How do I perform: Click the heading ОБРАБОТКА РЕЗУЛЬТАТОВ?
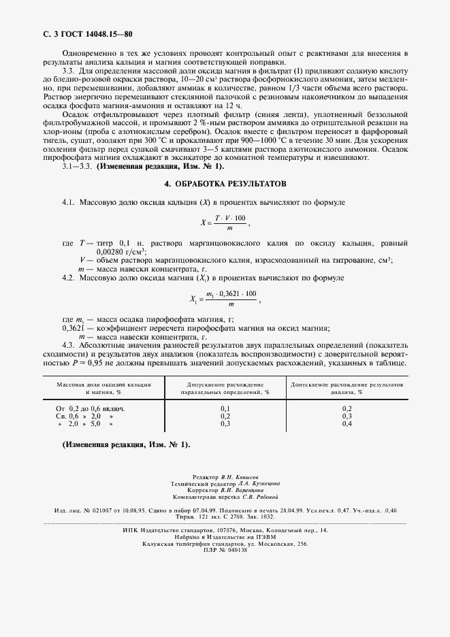click(x=225, y=184)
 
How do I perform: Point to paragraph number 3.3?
click(x=68, y=71)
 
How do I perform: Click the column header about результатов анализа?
click(x=347, y=388)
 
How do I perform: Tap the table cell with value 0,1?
click(x=225, y=408)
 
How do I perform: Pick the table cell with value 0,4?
click(x=347, y=423)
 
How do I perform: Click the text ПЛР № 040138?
click(x=225, y=550)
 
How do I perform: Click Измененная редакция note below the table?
click(x=126, y=444)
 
